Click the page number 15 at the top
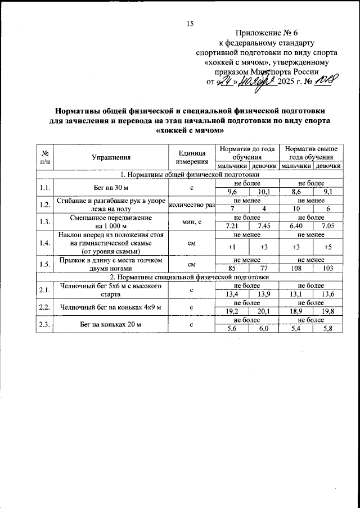coord(190,23)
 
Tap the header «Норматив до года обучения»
coord(247,153)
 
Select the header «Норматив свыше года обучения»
coord(311,153)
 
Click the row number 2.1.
coord(43,290)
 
